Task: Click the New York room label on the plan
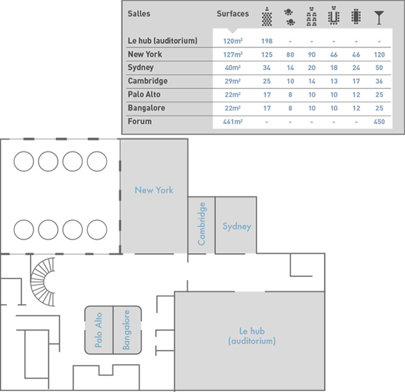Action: click(154, 190)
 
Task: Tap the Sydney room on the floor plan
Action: click(237, 226)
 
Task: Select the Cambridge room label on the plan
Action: click(201, 224)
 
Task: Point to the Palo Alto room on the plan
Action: click(99, 331)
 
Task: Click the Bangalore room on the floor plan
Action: click(127, 331)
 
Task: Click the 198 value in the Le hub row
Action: click(267, 41)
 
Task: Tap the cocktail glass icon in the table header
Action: click(378, 17)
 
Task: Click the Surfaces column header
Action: click(233, 13)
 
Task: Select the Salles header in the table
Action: click(139, 13)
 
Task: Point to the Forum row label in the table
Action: click(140, 121)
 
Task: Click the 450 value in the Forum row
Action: click(378, 122)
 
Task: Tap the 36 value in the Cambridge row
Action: click(378, 81)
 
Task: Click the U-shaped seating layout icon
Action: click(333, 17)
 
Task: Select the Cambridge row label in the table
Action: click(148, 81)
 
